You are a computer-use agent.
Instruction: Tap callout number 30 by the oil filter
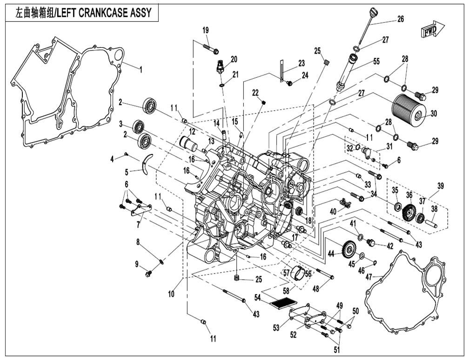click(x=434, y=113)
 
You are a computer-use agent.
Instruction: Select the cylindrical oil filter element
click(x=408, y=107)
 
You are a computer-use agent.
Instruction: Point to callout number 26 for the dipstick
click(x=401, y=19)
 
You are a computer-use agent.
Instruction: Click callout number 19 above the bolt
click(x=205, y=30)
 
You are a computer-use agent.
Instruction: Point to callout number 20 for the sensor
click(x=234, y=59)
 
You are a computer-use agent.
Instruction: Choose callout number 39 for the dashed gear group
click(x=441, y=186)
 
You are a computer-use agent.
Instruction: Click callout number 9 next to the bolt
click(x=137, y=264)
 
